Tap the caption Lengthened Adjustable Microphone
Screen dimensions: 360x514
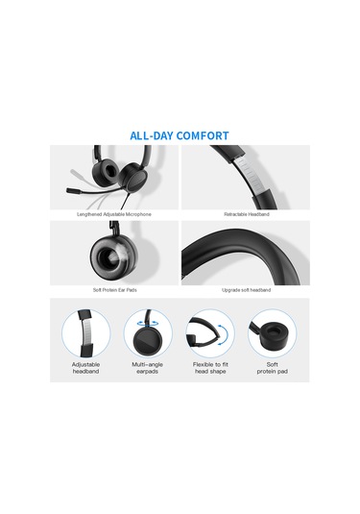(x=114, y=214)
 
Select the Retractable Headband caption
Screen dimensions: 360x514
(x=247, y=214)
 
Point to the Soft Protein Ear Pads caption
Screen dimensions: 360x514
(x=114, y=290)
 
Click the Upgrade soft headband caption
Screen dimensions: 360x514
(x=246, y=290)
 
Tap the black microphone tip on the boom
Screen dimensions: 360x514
(x=71, y=190)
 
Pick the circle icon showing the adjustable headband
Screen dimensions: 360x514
(x=86, y=333)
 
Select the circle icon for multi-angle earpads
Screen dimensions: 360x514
(x=148, y=333)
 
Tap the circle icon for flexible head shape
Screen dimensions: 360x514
(x=210, y=333)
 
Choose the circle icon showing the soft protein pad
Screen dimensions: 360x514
(x=272, y=333)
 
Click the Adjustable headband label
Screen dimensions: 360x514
(x=85, y=368)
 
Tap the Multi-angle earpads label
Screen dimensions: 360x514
(x=148, y=368)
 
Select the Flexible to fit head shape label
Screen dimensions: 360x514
(x=210, y=368)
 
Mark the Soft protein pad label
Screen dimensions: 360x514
(x=273, y=368)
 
